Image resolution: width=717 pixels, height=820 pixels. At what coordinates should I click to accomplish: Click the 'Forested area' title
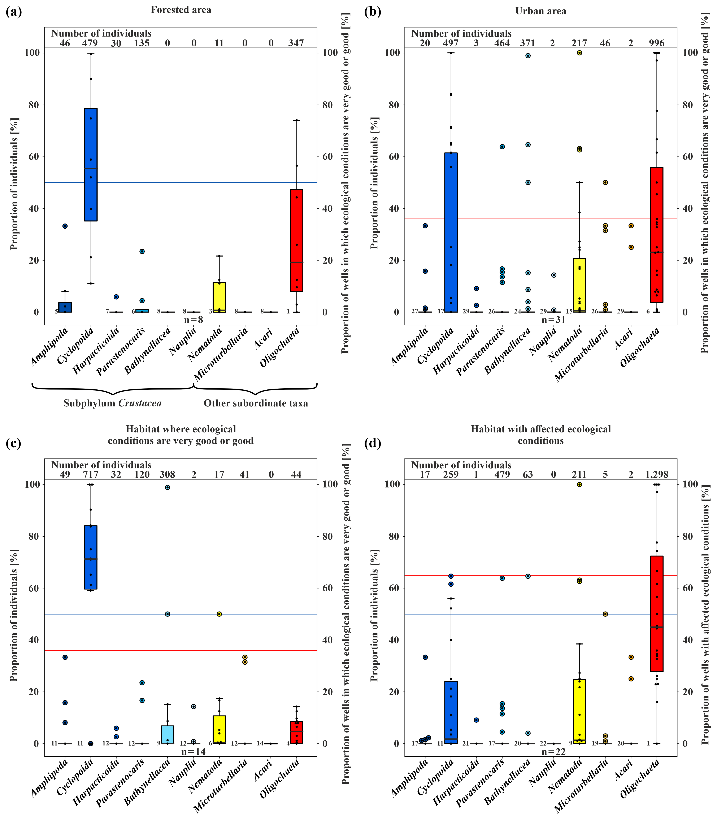181,10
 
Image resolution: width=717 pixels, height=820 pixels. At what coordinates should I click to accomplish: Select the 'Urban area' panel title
540,11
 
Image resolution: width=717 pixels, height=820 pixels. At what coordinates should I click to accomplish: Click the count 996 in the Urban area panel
657,43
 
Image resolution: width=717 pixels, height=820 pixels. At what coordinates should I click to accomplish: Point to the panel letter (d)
373,443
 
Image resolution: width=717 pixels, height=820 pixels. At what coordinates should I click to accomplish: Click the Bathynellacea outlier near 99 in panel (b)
528,56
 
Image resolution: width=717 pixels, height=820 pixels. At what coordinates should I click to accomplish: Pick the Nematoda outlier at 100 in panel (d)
579,484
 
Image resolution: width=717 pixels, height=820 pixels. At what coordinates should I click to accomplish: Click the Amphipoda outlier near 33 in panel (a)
65,226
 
